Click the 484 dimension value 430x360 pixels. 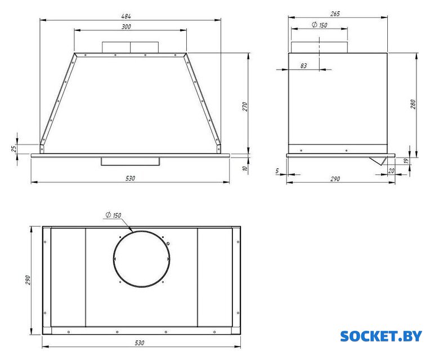tap(126, 16)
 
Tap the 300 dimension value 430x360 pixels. tap(126, 26)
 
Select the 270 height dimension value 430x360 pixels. tap(245, 106)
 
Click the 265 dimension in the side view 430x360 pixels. tap(335, 13)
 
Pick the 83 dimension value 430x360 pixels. tap(303, 66)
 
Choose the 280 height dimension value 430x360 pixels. tap(413, 104)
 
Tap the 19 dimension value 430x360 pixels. tap(407, 161)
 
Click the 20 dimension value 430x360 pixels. tap(391, 170)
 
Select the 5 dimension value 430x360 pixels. tap(277, 171)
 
